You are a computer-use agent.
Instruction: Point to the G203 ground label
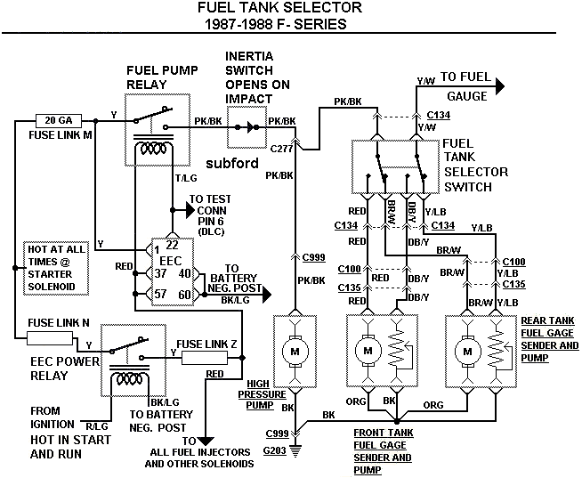[x=275, y=452]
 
